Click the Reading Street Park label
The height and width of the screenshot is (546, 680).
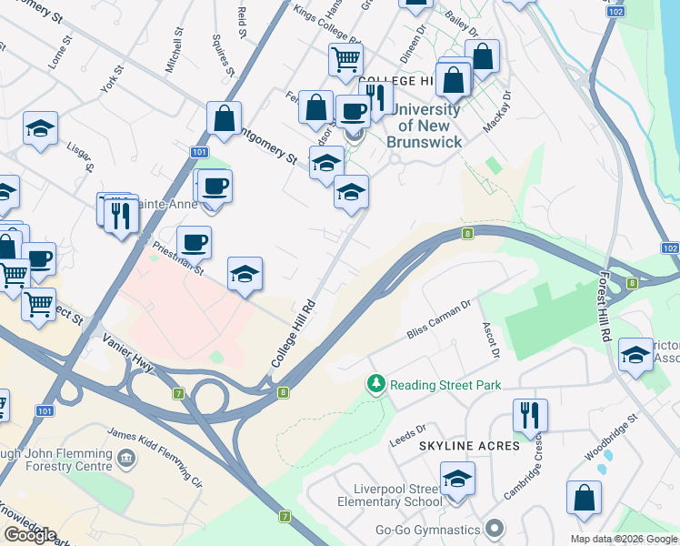coord(445,385)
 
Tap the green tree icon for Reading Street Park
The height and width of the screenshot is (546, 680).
coord(375,385)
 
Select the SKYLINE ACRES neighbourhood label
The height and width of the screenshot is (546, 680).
coord(469,446)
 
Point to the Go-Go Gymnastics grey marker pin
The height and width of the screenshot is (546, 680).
coord(495,529)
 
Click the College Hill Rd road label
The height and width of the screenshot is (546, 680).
coord(293,334)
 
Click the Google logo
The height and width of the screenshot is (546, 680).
coord(29,535)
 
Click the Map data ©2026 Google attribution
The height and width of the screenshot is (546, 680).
coord(624,539)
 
